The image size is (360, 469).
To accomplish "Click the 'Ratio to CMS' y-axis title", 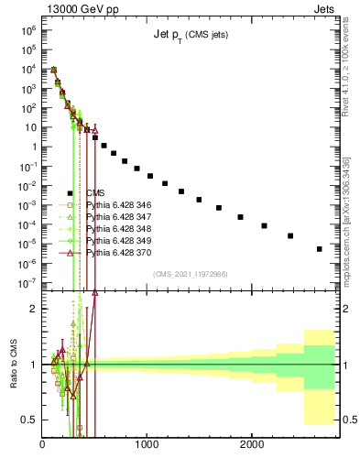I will [x=13, y=365].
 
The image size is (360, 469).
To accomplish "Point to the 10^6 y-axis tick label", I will [x=27, y=29].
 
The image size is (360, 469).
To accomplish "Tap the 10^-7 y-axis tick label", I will [x=27, y=283].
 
